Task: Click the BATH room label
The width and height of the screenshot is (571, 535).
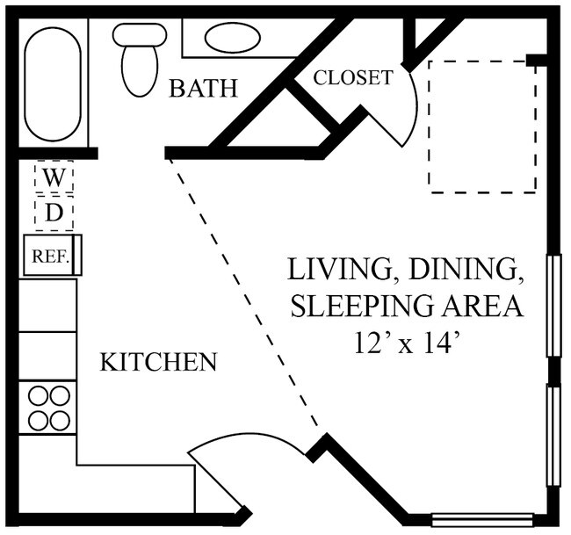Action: (203, 88)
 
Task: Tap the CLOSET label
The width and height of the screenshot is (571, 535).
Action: (353, 77)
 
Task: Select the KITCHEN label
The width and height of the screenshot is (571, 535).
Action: (158, 362)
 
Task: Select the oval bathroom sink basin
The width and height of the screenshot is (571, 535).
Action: (232, 38)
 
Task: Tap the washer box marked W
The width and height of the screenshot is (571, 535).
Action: (54, 178)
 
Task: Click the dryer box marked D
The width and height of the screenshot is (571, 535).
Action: (54, 213)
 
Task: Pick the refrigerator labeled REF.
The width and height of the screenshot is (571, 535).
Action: (51, 257)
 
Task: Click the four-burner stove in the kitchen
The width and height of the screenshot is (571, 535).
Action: (49, 408)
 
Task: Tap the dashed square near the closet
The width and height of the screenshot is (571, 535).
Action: (482, 127)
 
